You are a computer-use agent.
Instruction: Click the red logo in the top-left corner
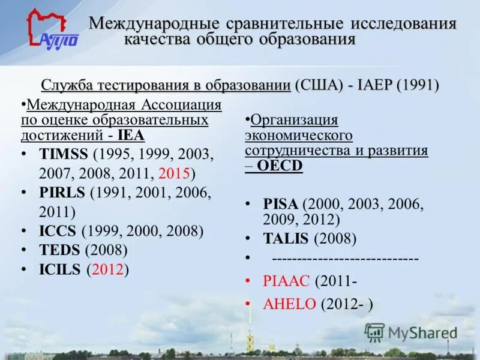point(52,29)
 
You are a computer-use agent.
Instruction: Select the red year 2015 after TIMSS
point(175,174)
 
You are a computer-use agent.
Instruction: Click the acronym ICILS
point(59,269)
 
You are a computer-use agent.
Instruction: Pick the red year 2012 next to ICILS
point(108,269)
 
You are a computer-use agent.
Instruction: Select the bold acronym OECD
point(281,166)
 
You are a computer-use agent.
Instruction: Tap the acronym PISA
point(280,204)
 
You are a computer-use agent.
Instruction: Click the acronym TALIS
point(286,239)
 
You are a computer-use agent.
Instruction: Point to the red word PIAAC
point(286,280)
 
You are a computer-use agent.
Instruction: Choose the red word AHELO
point(289,304)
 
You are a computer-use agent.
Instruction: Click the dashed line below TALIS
point(345,259)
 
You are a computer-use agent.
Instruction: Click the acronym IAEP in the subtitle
point(376,85)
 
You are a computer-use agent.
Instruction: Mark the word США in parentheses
point(319,85)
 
